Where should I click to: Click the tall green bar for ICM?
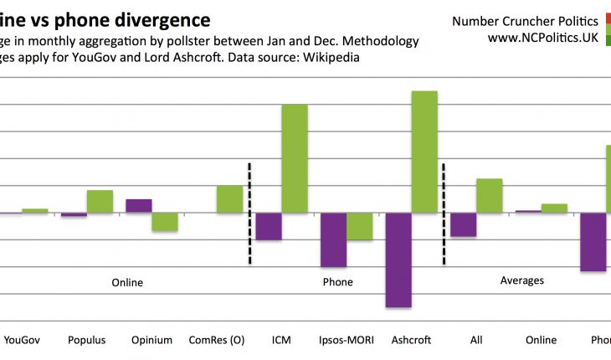click(x=294, y=158)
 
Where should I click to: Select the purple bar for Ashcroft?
click(x=398, y=260)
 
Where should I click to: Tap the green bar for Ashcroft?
click(x=424, y=152)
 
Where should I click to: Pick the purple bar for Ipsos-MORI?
click(x=333, y=239)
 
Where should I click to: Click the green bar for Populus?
click(x=100, y=201)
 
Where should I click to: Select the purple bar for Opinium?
click(x=139, y=206)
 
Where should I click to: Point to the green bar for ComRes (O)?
click(x=229, y=199)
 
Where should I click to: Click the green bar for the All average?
click(x=489, y=196)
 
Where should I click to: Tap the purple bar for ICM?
click(x=269, y=227)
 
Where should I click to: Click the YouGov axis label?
click(x=23, y=340)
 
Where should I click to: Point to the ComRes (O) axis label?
click(x=217, y=340)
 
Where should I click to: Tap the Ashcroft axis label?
click(x=411, y=340)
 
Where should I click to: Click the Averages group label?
click(x=521, y=280)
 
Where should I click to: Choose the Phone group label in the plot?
click(x=337, y=282)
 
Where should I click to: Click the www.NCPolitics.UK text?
click(x=542, y=38)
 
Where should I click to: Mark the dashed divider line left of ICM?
click(x=249, y=213)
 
